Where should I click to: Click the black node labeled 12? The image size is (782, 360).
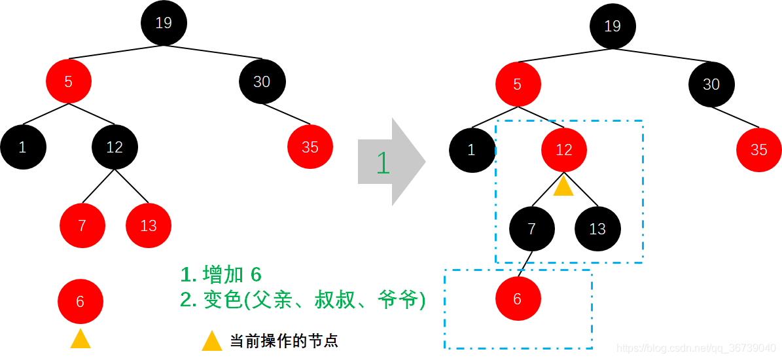115,147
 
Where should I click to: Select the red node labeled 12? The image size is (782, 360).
563,151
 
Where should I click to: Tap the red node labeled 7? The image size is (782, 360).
82,226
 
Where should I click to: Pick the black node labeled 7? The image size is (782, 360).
531,229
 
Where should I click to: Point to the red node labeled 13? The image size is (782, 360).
149,226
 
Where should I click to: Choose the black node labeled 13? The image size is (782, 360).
597,229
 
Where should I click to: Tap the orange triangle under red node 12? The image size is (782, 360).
563,187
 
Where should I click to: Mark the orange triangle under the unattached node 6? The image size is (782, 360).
80,339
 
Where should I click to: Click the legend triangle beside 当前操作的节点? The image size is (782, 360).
212,341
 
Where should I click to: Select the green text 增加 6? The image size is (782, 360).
232,275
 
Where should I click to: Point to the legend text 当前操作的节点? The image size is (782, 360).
283,341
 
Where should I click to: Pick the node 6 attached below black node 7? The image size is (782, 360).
518,299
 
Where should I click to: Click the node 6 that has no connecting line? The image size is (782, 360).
80,302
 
